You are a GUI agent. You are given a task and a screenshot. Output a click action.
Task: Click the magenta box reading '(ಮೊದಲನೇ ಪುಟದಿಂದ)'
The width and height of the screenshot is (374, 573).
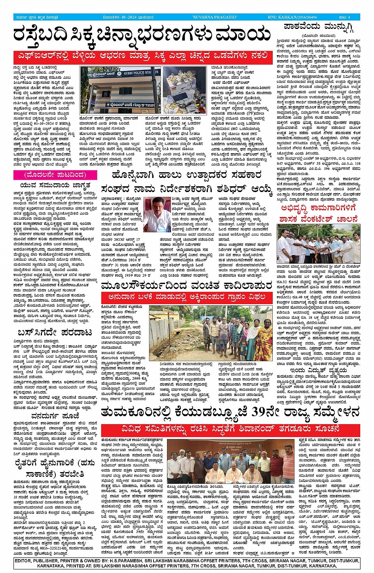pyautogui.click(x=49, y=175)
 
